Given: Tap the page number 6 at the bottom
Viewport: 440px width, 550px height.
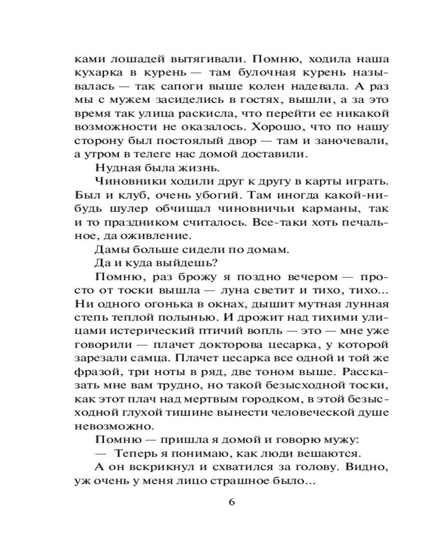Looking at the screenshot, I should tap(232, 503).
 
